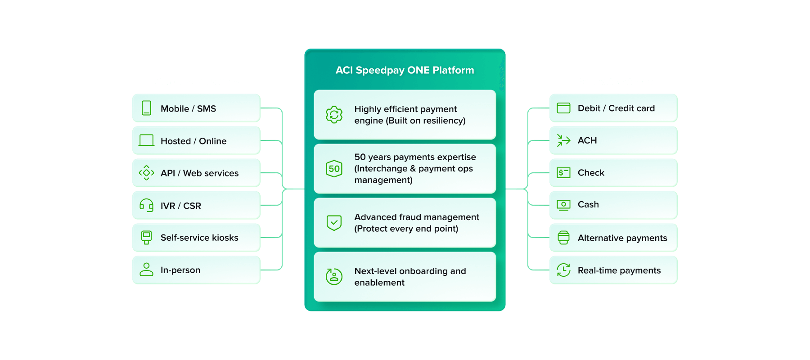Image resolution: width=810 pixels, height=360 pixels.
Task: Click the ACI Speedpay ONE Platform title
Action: tap(405, 70)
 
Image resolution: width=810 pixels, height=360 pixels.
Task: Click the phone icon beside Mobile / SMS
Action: tap(146, 108)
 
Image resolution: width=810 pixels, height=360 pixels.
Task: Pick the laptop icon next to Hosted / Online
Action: tap(146, 140)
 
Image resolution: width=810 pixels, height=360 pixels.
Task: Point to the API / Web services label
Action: tap(199, 173)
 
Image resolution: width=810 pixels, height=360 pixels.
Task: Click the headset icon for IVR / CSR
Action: tap(146, 205)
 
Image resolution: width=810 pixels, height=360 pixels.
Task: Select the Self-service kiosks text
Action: tap(199, 238)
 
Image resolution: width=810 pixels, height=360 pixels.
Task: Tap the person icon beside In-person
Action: tap(146, 270)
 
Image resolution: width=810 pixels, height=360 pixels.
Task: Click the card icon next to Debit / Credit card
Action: tap(563, 108)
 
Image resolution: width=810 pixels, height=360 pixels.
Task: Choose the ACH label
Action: tap(587, 140)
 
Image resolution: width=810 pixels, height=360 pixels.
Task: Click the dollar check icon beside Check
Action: tap(563, 173)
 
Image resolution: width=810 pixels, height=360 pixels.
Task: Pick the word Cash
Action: tap(588, 205)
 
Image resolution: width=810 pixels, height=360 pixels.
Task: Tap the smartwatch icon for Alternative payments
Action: tap(563, 238)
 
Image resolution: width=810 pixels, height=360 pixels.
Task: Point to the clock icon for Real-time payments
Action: tap(563, 270)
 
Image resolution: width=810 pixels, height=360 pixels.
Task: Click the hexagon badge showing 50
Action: tap(334, 169)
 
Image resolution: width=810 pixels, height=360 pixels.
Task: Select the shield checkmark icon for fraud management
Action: tap(334, 222)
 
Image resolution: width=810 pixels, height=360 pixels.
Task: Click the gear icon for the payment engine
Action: tap(334, 115)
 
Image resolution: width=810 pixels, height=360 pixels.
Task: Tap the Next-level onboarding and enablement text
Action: tap(410, 277)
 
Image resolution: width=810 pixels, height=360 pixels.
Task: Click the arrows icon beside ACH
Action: tap(563, 140)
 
